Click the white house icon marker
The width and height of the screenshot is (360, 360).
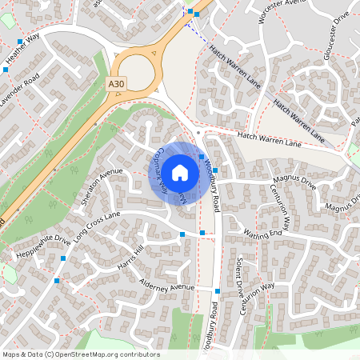point(180,172)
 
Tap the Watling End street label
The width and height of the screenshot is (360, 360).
point(263,234)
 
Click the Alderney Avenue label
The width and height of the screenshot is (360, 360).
point(166,287)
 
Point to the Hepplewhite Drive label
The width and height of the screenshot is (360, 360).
point(44,247)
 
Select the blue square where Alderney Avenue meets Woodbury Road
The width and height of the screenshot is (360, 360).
point(218,290)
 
